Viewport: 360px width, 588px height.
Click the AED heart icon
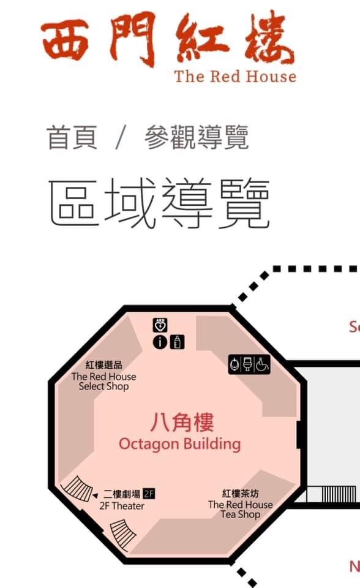pyautogui.click(x=160, y=325)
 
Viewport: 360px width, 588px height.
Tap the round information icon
pyautogui.click(x=160, y=342)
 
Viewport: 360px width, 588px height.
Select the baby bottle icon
pyautogui.click(x=177, y=342)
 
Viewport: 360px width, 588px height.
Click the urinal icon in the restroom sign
pyautogui.click(x=235, y=364)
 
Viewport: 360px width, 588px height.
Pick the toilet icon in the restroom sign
pyautogui.click(x=248, y=364)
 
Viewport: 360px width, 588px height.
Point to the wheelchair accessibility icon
pyautogui.click(x=262, y=364)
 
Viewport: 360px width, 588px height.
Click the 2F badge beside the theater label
pyautogui.click(x=149, y=494)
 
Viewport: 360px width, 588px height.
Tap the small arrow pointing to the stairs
pyautogui.click(x=96, y=496)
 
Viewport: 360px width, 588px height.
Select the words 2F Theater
pyautogui.click(x=122, y=506)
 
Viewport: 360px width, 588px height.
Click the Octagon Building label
pyautogui.click(x=179, y=444)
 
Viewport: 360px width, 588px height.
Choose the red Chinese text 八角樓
pyautogui.click(x=182, y=422)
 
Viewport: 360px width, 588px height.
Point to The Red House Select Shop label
pyautogui.click(x=104, y=382)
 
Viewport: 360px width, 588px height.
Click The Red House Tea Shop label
pyautogui.click(x=241, y=509)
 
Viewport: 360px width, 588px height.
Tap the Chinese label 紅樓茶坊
pyautogui.click(x=241, y=494)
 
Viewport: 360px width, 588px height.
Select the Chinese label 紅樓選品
pyautogui.click(x=104, y=365)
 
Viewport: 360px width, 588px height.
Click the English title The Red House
pyautogui.click(x=236, y=77)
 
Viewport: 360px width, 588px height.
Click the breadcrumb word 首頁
pyautogui.click(x=72, y=138)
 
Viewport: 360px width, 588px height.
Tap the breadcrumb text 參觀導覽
pyautogui.click(x=197, y=138)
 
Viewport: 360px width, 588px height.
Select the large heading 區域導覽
pyautogui.click(x=159, y=203)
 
